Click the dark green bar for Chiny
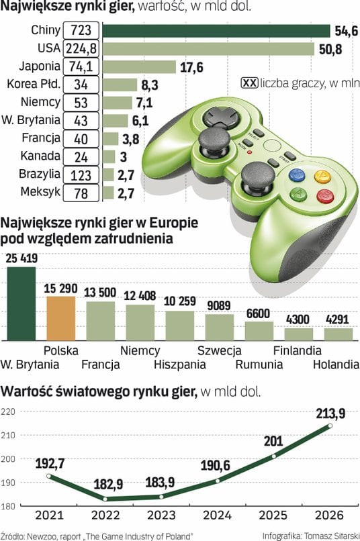(x=216, y=31)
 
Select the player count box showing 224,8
(x=81, y=48)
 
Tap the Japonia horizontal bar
(x=140, y=67)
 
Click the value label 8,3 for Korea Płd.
(x=150, y=85)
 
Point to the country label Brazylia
(x=40, y=174)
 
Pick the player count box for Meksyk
(x=81, y=193)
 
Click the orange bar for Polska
(x=61, y=318)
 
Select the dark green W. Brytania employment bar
(x=21, y=303)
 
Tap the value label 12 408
(x=140, y=296)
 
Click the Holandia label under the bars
(x=336, y=364)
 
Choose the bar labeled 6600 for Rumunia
(x=259, y=331)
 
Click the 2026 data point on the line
(x=330, y=426)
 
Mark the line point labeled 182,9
(x=105, y=499)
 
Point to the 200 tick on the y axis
(x=7, y=459)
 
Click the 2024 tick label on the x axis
(x=217, y=515)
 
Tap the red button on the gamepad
(x=325, y=196)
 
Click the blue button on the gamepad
(x=297, y=175)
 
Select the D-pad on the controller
(x=220, y=117)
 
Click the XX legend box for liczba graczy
(x=249, y=83)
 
